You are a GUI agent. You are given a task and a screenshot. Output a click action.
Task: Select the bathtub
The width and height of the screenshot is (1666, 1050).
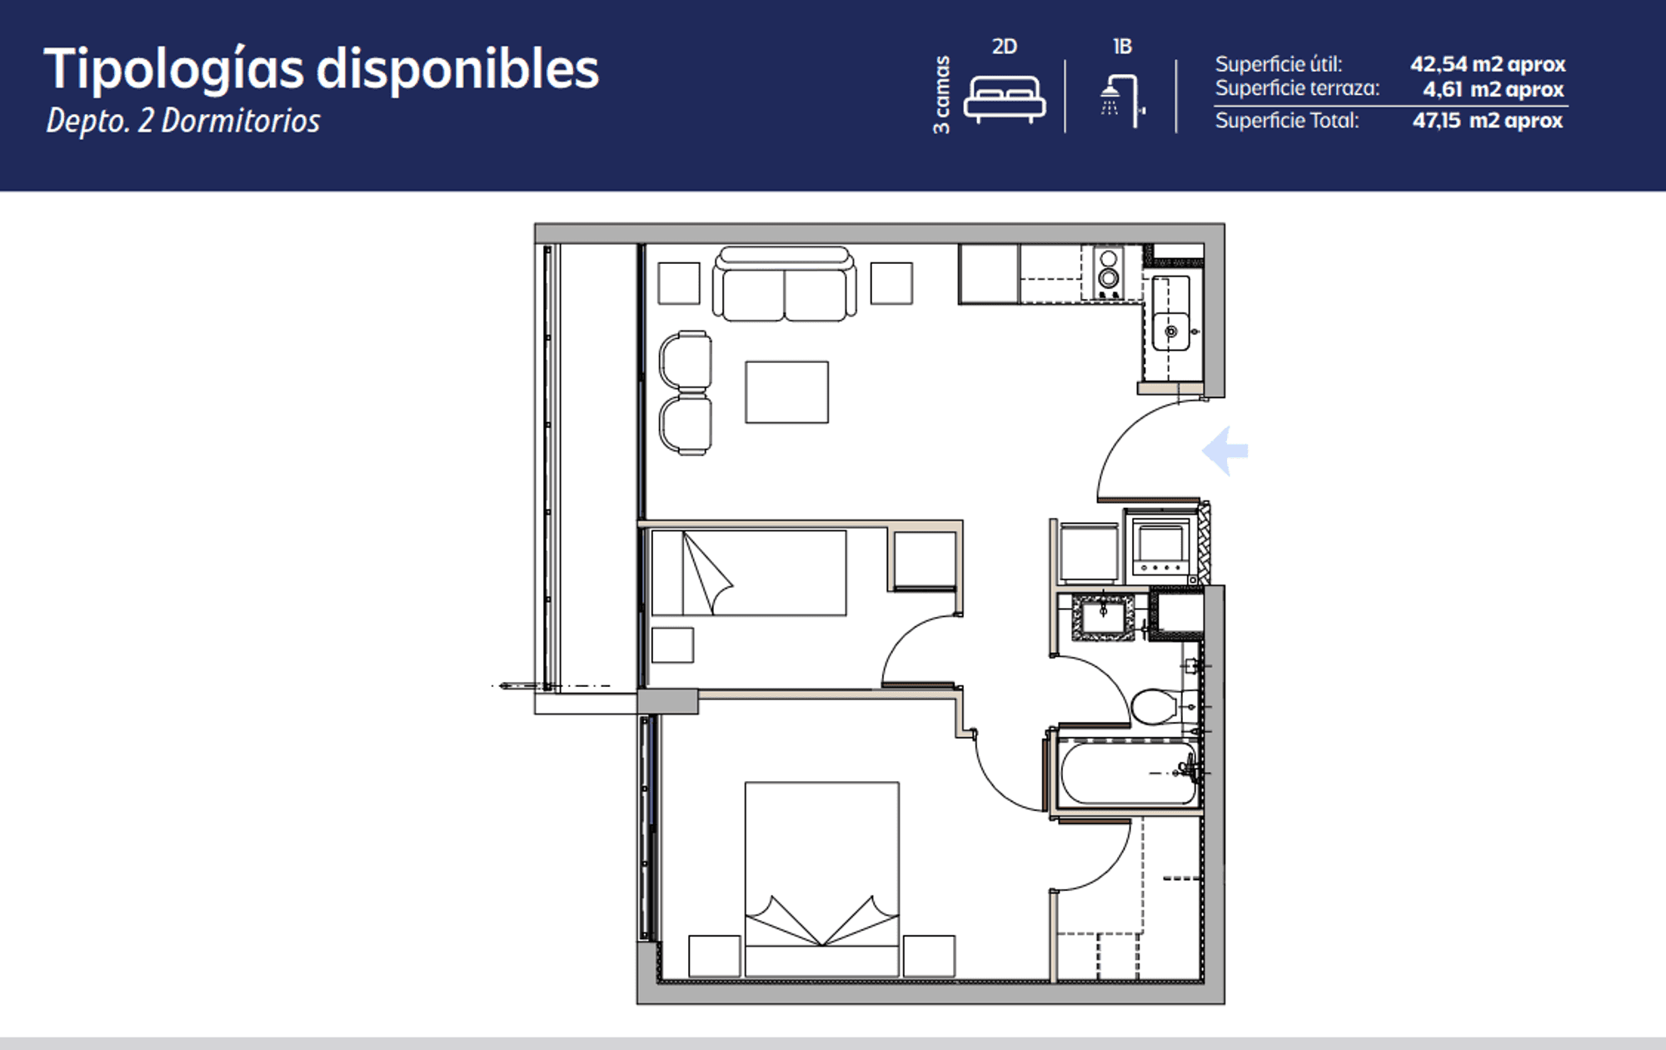click(x=1129, y=774)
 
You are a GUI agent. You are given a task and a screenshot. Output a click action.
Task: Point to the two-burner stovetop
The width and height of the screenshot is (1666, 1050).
click(x=1108, y=271)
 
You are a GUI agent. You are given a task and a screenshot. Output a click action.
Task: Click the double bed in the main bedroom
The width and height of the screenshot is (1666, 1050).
click(x=821, y=878)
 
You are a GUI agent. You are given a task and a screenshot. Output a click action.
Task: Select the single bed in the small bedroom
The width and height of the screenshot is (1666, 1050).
click(x=748, y=573)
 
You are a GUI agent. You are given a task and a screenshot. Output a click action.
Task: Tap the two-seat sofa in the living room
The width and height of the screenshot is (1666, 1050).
click(x=784, y=284)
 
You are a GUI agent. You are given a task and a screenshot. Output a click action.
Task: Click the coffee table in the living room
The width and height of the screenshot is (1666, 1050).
click(x=786, y=392)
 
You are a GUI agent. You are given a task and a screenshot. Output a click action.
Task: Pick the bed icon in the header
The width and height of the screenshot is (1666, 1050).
click(x=1005, y=99)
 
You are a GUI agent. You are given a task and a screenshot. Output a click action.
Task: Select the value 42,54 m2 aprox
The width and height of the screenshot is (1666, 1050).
click(x=1488, y=64)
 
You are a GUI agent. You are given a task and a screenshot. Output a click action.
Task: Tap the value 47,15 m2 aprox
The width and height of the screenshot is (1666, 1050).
click(x=1488, y=121)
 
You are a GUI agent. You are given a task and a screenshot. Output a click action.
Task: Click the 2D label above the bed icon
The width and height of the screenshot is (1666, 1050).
click(x=1005, y=47)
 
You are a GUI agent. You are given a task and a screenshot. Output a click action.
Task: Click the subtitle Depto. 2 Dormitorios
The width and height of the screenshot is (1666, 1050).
click(x=183, y=121)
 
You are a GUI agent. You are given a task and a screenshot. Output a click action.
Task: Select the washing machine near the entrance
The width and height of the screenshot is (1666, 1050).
click(x=1160, y=546)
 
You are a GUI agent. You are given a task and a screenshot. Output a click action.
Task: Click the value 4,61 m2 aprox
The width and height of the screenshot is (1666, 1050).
click(x=1493, y=89)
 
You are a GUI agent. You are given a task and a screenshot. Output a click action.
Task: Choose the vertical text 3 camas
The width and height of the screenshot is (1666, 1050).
click(x=941, y=95)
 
